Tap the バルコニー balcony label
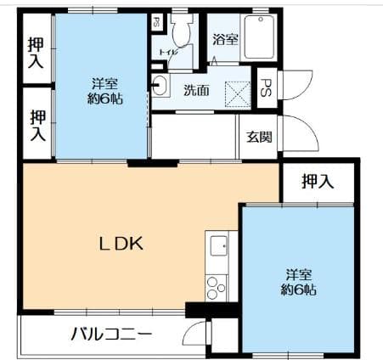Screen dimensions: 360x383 (x=110, y=333)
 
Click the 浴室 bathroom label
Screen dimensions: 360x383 (x=225, y=39)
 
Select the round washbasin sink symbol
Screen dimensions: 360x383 (x=159, y=84)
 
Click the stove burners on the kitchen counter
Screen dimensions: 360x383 (x=216, y=287)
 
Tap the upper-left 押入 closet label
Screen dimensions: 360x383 (x=36, y=53)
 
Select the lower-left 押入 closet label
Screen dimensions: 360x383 (x=36, y=125)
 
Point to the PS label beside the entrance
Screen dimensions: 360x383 (x=265, y=87)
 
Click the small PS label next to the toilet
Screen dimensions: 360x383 (x=157, y=24)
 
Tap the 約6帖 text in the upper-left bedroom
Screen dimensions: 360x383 (x=104, y=98)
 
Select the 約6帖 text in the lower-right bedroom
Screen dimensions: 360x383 (x=299, y=290)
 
